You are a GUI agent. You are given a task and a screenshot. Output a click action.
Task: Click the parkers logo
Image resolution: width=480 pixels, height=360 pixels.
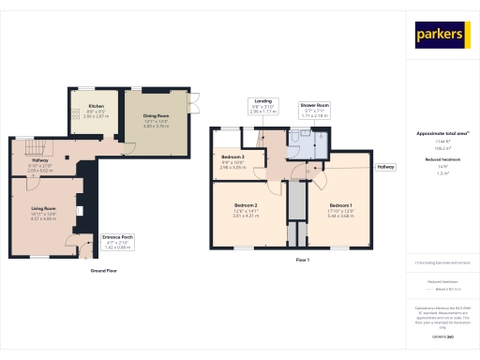441,35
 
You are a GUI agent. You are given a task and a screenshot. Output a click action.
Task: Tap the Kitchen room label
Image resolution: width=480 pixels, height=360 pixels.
97,111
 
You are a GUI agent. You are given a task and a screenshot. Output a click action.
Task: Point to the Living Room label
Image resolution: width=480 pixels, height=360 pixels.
44,213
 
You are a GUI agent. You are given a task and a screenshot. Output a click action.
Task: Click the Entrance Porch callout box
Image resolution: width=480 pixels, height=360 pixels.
117,242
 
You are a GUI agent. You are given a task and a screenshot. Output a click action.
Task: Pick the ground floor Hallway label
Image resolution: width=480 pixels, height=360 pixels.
40,167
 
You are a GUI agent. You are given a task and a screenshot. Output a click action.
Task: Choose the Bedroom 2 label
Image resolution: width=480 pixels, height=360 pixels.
246,210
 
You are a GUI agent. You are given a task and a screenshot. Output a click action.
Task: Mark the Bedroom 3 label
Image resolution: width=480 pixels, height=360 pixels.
232,162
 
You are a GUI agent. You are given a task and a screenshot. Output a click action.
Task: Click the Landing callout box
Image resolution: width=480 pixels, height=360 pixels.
264,107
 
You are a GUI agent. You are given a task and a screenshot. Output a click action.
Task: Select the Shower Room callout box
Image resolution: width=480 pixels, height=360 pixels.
313,109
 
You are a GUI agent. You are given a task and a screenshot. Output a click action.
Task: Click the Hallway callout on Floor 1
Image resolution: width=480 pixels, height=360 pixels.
385,167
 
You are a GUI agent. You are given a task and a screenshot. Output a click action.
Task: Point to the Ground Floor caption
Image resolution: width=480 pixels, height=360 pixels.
103,270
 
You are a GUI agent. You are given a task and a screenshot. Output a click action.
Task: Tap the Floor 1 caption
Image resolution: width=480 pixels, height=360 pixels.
302,259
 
